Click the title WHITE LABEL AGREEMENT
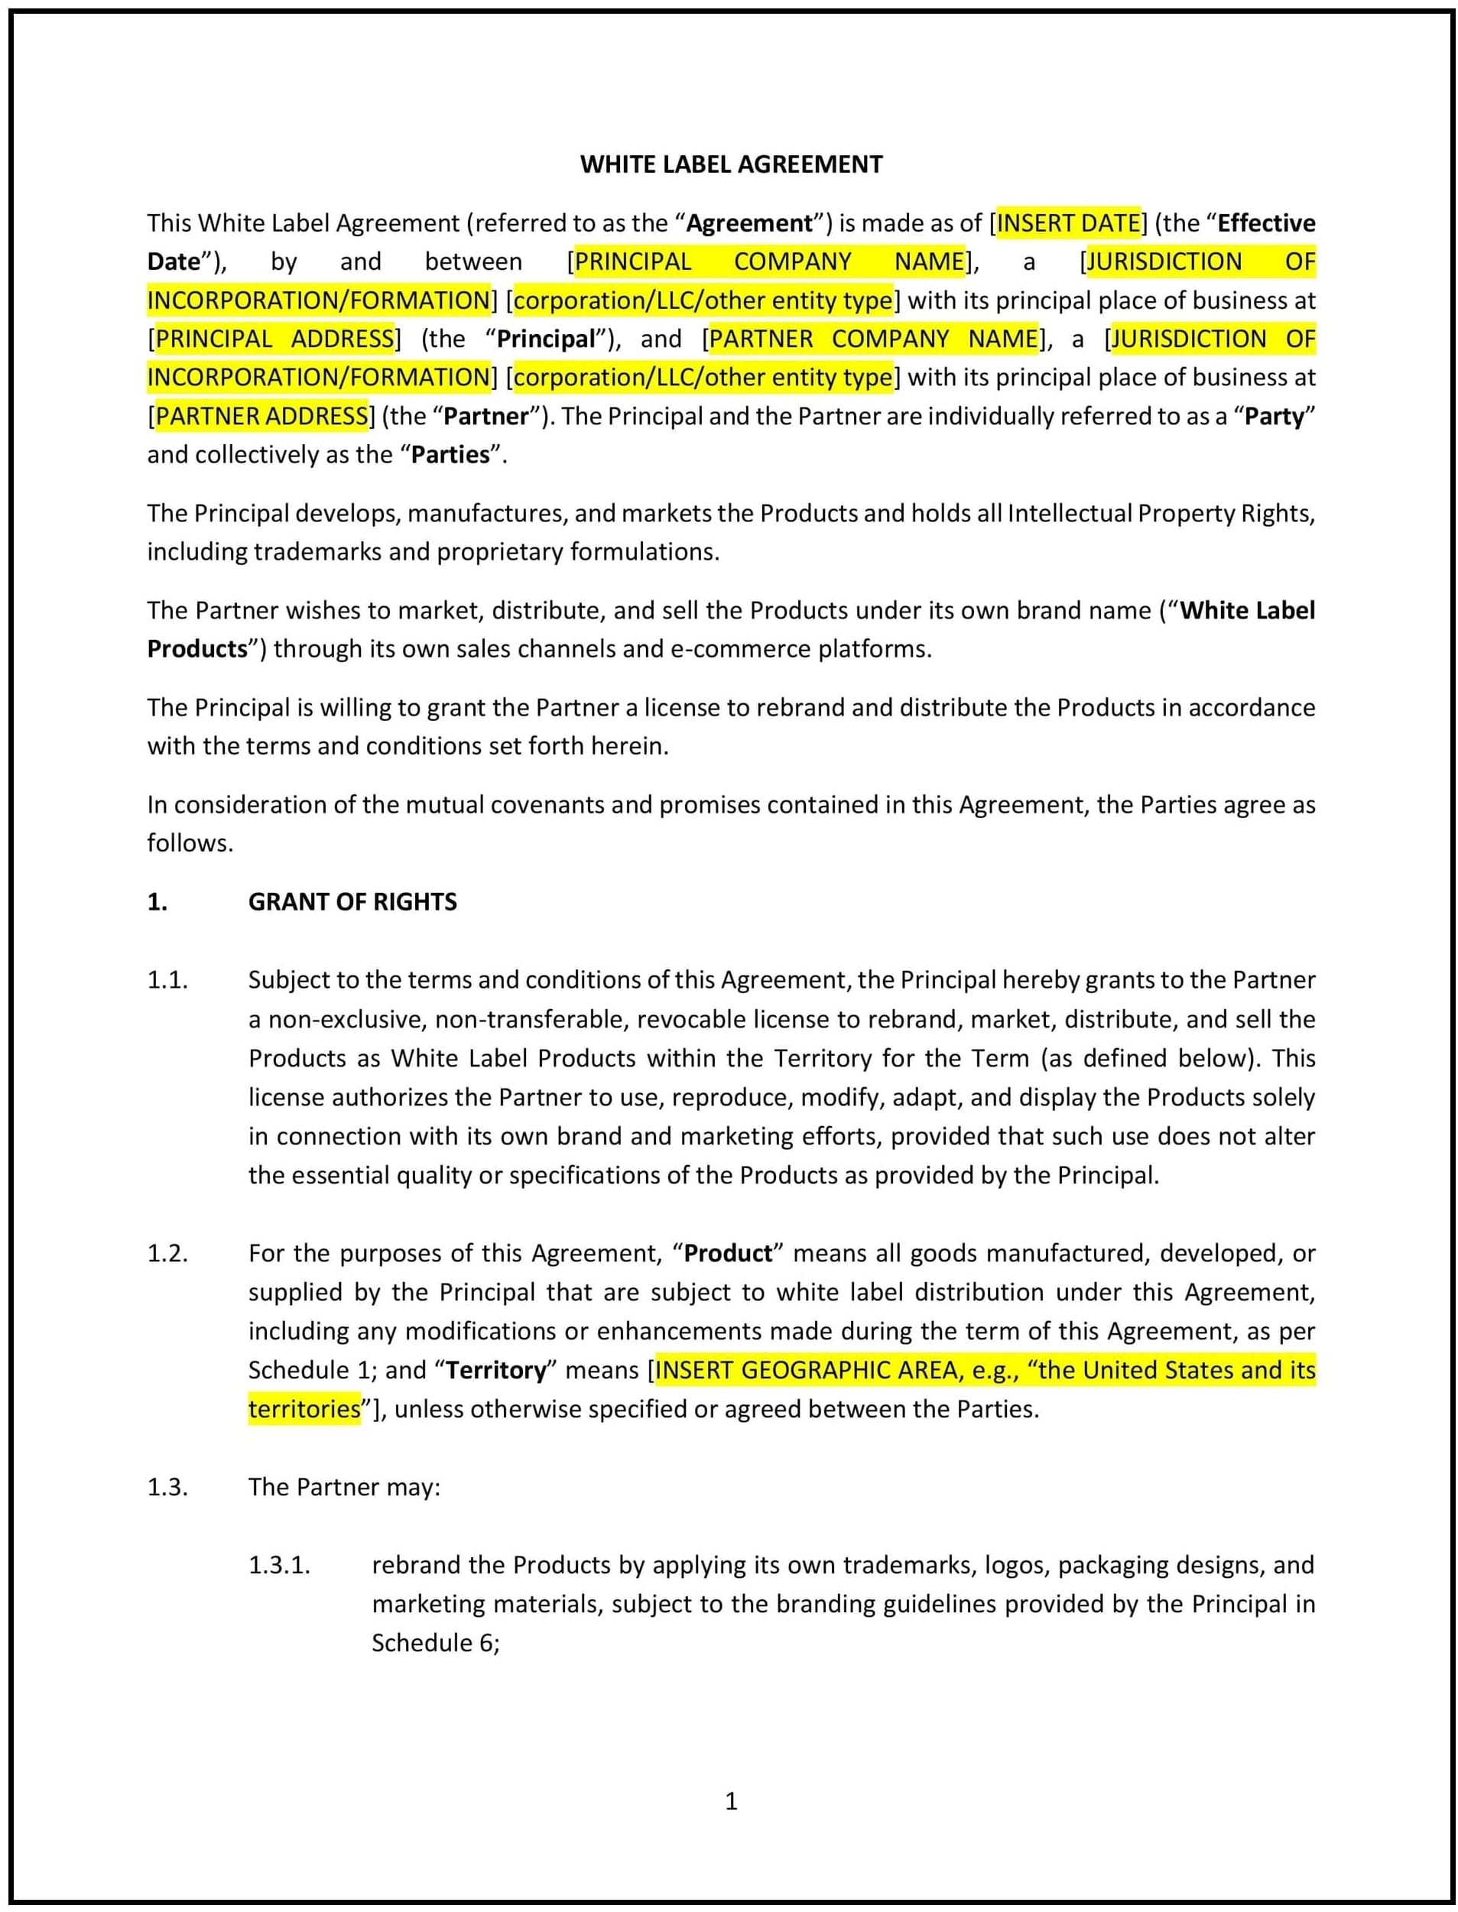pos(731,164)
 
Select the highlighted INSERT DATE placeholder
pos(1067,223)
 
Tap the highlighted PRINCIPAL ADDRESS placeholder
pos(274,339)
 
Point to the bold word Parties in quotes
pos(450,455)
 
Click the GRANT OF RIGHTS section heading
pos(352,902)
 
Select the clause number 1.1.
pos(167,980)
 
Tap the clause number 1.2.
pos(167,1253)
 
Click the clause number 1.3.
pos(167,1487)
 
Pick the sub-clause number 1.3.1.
pos(280,1565)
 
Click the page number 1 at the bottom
pos(731,1801)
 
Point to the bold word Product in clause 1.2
pos(728,1253)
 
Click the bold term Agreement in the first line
pos(750,223)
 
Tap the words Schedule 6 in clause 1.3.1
pos(434,1643)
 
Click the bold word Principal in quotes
pos(546,339)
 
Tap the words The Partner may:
pos(345,1487)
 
